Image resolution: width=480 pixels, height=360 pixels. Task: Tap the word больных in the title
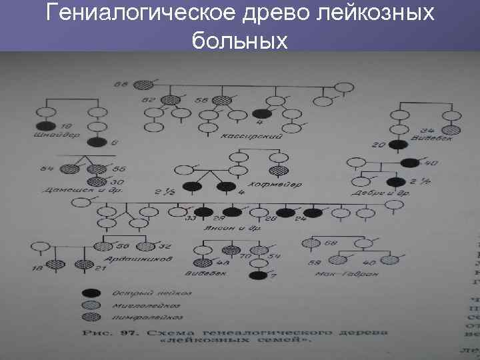(x=239, y=41)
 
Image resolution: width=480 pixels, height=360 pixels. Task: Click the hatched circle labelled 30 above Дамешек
(x=96, y=181)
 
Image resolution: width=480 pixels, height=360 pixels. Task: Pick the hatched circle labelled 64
(x=67, y=170)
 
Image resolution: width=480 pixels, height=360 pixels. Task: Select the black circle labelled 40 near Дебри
(x=409, y=162)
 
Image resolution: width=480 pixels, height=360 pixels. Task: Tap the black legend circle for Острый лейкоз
(x=91, y=293)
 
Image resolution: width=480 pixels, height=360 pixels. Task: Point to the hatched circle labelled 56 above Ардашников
(x=106, y=245)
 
